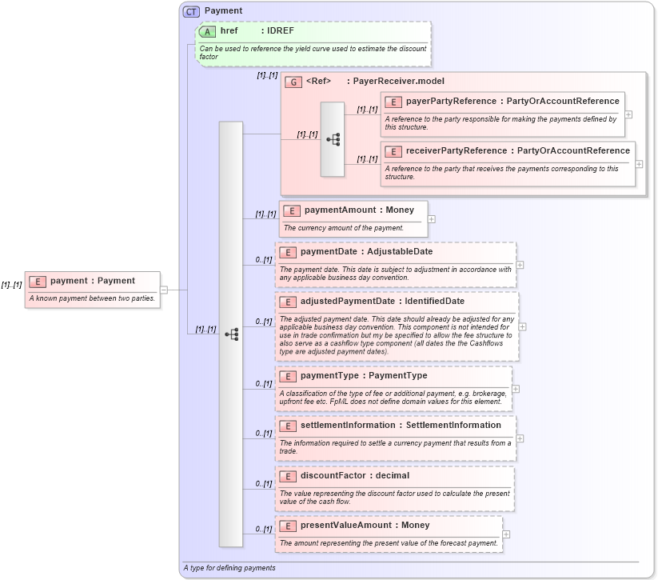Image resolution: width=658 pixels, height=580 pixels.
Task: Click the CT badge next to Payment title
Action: click(x=191, y=11)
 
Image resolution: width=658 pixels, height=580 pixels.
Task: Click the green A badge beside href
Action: click(x=208, y=31)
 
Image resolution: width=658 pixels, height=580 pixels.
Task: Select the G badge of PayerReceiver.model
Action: click(x=293, y=82)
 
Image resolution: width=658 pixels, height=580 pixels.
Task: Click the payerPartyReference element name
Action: click(x=450, y=101)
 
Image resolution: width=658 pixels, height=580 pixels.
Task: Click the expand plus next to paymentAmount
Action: click(x=432, y=218)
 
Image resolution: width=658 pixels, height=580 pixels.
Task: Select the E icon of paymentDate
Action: click(x=288, y=252)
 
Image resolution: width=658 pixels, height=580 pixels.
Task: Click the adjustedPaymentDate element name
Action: click(x=347, y=302)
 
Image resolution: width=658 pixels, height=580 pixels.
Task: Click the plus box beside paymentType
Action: click(x=515, y=389)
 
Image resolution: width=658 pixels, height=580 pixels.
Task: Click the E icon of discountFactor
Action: click(x=288, y=476)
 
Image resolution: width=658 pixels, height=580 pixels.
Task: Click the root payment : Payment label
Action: click(x=92, y=281)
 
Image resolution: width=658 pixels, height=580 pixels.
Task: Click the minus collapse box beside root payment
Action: click(x=164, y=290)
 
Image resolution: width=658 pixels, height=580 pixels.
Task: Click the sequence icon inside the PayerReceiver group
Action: click(x=333, y=139)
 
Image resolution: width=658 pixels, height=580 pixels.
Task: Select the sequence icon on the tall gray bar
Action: click(x=231, y=334)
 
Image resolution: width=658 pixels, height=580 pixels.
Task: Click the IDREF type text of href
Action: click(x=279, y=31)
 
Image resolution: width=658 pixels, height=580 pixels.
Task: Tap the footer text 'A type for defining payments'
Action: click(x=229, y=568)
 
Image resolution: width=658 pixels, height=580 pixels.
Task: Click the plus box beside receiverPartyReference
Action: click(x=639, y=163)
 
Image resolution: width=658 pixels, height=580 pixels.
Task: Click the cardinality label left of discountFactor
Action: click(x=264, y=484)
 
